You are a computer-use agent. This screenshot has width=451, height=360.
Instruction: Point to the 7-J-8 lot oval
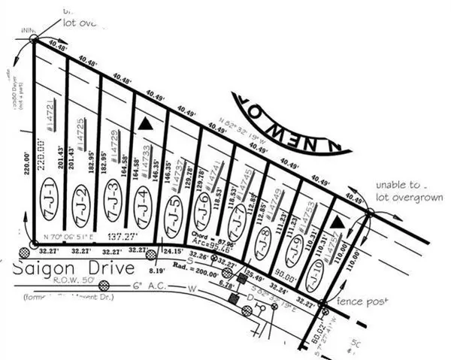(x=262, y=244)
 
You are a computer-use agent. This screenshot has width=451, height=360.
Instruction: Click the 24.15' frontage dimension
(x=174, y=251)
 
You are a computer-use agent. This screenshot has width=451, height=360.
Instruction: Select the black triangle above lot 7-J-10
(x=339, y=222)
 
